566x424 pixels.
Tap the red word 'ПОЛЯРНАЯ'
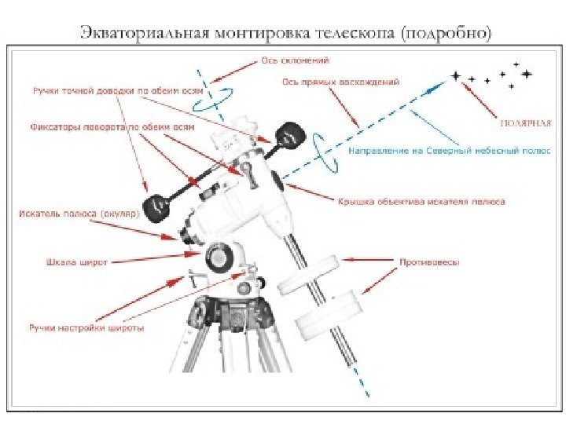click(526, 122)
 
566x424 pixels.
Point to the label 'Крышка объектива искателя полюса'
click(421, 201)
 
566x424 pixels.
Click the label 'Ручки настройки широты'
click(86, 328)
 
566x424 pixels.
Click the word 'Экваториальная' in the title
click(141, 33)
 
